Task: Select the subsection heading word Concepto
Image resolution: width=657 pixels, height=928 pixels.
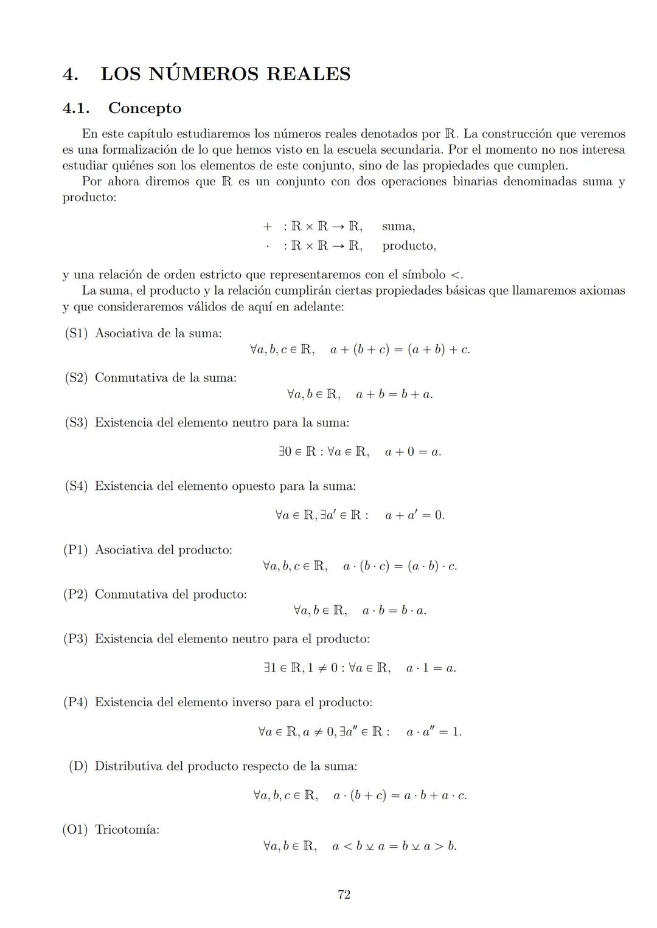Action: click(145, 108)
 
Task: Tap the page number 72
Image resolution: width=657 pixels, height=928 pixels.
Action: click(344, 895)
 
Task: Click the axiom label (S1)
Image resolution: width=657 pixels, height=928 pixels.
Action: click(77, 333)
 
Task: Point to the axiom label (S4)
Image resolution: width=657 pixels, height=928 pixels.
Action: click(77, 486)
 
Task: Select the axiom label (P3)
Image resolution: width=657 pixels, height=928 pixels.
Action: click(76, 639)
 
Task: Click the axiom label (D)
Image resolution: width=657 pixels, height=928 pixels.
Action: click(78, 766)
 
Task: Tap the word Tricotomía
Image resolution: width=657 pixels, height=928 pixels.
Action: click(127, 830)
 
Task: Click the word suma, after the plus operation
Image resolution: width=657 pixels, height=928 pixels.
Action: click(398, 227)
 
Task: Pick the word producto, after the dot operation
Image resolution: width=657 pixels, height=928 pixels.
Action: click(409, 246)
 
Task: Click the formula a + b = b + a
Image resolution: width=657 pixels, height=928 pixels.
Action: click(394, 394)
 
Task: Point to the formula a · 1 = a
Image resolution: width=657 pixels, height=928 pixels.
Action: click(431, 669)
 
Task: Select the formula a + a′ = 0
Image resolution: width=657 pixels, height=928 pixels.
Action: click(414, 515)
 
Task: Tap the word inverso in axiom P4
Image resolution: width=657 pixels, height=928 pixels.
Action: click(251, 703)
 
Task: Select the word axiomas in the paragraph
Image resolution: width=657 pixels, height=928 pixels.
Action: click(602, 290)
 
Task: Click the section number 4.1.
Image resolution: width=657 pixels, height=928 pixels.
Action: click(76, 108)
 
